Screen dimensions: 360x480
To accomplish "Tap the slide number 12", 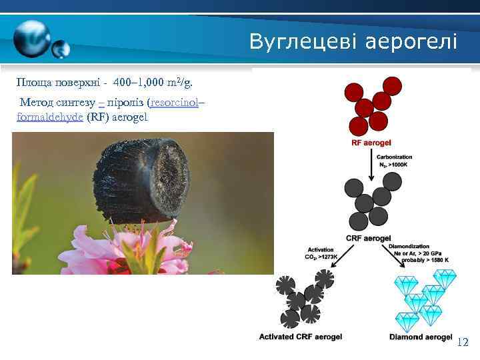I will coord(463,343).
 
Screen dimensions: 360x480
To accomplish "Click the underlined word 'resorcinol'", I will coord(175,103).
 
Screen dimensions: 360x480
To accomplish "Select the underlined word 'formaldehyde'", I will coord(50,117).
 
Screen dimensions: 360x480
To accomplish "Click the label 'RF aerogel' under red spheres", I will coord(371,143).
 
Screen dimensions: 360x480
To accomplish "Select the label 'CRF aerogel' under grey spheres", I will coord(368,238).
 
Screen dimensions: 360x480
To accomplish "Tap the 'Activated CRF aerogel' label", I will coord(300,337).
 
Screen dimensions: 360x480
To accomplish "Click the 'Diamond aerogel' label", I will coord(421,337).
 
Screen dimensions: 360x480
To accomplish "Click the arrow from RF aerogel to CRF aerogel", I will coord(370,164).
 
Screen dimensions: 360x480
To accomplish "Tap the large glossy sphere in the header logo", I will coord(32,39).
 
